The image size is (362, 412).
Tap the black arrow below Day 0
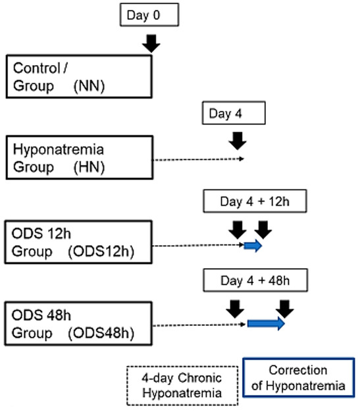point(151,43)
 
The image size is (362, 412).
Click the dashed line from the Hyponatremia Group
point(197,159)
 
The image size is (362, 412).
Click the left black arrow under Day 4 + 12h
point(238,229)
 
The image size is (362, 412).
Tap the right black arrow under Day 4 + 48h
point(285,307)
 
